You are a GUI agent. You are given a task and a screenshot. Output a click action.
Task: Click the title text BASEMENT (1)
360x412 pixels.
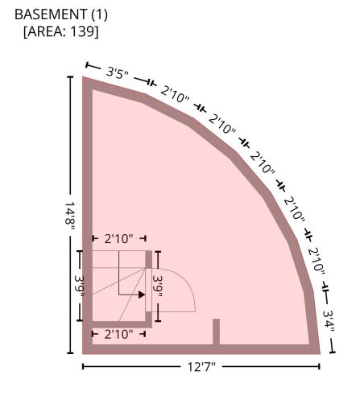click(x=61, y=14)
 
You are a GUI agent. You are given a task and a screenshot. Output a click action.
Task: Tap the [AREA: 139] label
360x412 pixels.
click(x=61, y=31)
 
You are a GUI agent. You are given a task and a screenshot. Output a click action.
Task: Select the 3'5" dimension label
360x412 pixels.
click(x=118, y=72)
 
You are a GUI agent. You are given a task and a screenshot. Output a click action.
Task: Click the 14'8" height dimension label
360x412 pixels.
click(x=70, y=216)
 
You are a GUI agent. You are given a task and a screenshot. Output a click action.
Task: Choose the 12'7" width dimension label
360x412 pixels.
click(x=201, y=367)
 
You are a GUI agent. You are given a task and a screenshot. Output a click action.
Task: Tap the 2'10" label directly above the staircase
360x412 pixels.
click(x=118, y=238)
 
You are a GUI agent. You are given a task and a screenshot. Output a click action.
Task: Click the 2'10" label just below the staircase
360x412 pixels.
click(x=118, y=334)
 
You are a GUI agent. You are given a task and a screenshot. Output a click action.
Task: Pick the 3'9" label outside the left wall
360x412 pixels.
click(x=79, y=286)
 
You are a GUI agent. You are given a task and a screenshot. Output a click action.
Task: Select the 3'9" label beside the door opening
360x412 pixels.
click(x=158, y=286)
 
